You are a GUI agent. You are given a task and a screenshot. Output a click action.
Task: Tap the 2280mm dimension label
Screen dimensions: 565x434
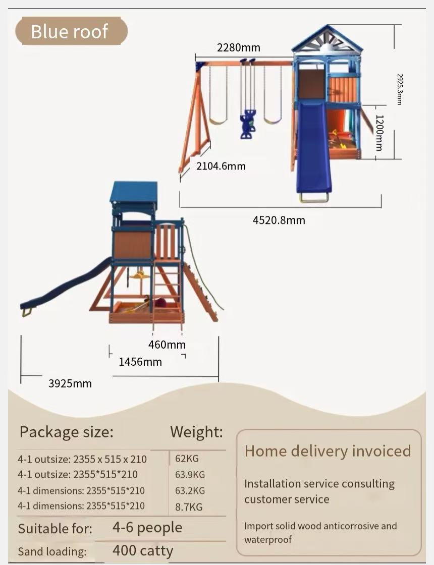(x=239, y=48)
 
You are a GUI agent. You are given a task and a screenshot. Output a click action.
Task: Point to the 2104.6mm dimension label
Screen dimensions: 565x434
(x=221, y=166)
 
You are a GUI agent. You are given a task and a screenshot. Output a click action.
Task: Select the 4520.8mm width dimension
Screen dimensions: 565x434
(x=279, y=220)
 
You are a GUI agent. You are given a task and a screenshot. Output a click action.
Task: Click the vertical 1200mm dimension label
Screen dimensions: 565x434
(x=379, y=133)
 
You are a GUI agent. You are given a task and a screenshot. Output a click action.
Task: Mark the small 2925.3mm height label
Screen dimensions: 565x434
(x=399, y=89)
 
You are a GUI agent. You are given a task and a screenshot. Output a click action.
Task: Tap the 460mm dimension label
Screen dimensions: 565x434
(x=167, y=345)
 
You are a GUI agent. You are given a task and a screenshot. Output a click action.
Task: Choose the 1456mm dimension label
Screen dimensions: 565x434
(x=140, y=362)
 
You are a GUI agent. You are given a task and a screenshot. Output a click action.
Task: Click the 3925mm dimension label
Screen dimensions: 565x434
(x=70, y=383)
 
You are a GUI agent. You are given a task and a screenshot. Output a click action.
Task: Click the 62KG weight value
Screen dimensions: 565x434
(x=187, y=459)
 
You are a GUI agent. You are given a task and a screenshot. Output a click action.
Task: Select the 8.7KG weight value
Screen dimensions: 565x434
(x=189, y=506)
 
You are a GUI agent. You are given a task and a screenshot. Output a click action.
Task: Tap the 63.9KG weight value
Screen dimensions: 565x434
(x=190, y=475)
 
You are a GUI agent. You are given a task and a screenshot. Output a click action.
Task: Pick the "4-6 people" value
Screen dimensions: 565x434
(x=147, y=528)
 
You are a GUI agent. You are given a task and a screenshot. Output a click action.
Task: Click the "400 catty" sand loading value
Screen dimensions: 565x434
(x=143, y=550)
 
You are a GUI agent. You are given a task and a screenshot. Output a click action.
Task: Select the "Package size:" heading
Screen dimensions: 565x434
(x=66, y=432)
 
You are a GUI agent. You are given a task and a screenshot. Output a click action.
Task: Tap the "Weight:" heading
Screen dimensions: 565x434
(x=196, y=432)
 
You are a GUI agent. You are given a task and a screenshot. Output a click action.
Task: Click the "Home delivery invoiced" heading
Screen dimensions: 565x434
(x=328, y=451)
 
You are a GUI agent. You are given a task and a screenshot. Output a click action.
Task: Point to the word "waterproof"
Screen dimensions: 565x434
(x=268, y=540)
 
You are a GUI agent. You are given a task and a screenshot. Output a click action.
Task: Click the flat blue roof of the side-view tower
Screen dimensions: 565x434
(x=134, y=192)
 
